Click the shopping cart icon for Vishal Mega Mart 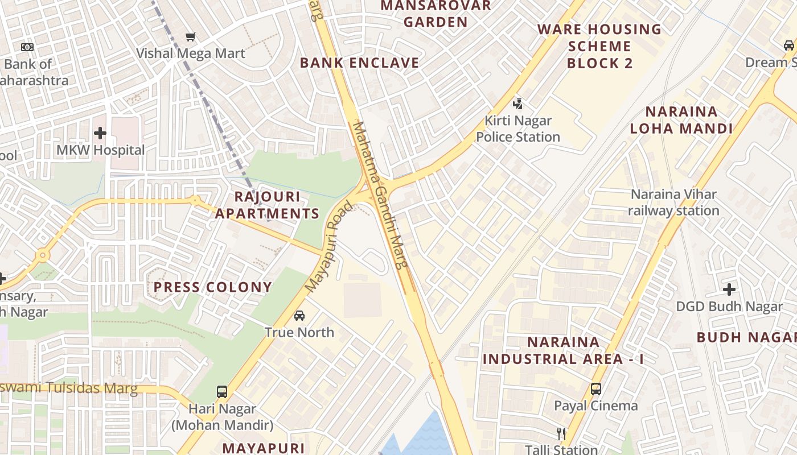(191, 36)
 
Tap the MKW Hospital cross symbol (100, 133)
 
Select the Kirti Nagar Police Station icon (517, 104)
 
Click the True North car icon (299, 315)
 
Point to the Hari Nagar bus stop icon (222, 391)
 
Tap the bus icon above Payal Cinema (596, 389)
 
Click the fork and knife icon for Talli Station (561, 434)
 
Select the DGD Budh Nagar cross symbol (729, 289)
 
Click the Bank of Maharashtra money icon (27, 47)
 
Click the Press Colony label (213, 287)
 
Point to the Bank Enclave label (359, 63)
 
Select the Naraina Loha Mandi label (681, 120)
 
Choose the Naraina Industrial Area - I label (563, 350)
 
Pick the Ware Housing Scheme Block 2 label (599, 46)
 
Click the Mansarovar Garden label (436, 14)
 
